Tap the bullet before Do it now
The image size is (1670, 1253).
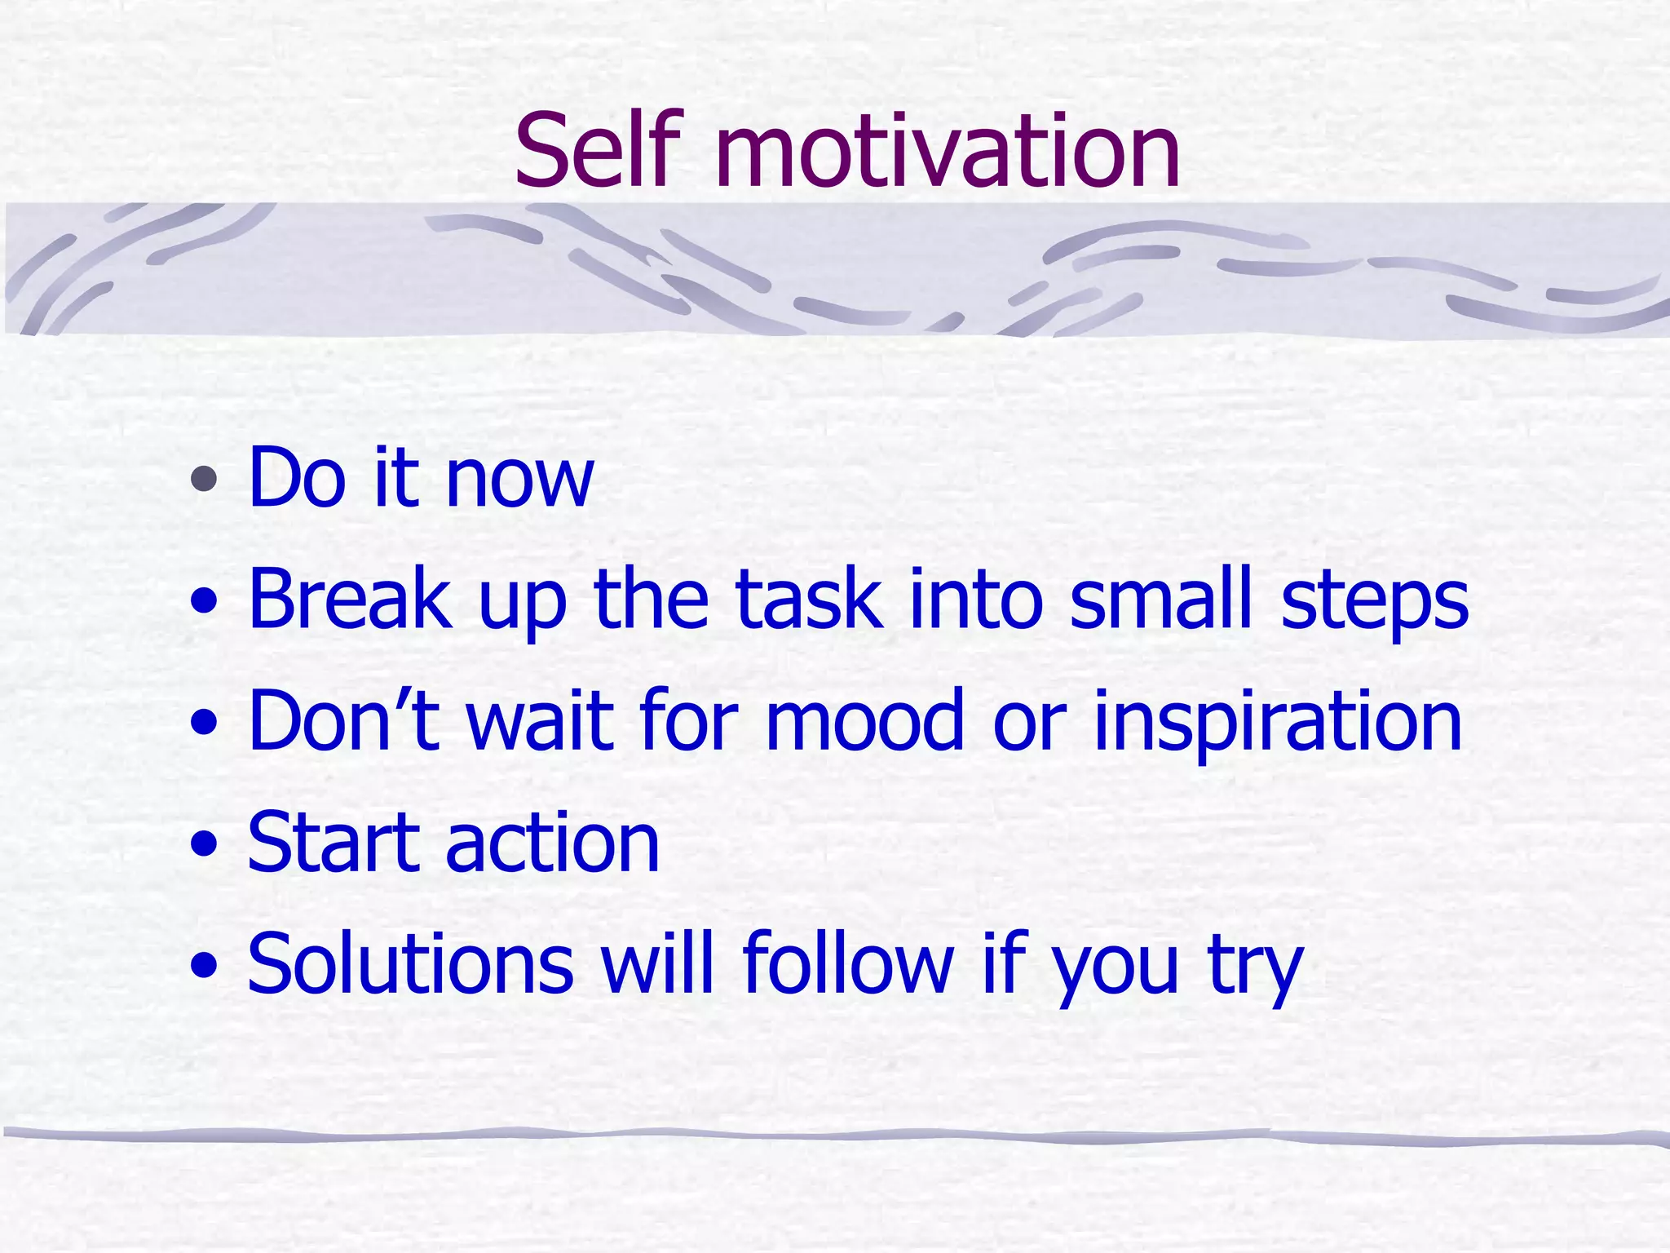point(204,479)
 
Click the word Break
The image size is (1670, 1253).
point(350,600)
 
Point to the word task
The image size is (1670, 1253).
point(808,600)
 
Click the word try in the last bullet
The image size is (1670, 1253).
point(1256,971)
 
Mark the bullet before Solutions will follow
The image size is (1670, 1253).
point(204,967)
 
